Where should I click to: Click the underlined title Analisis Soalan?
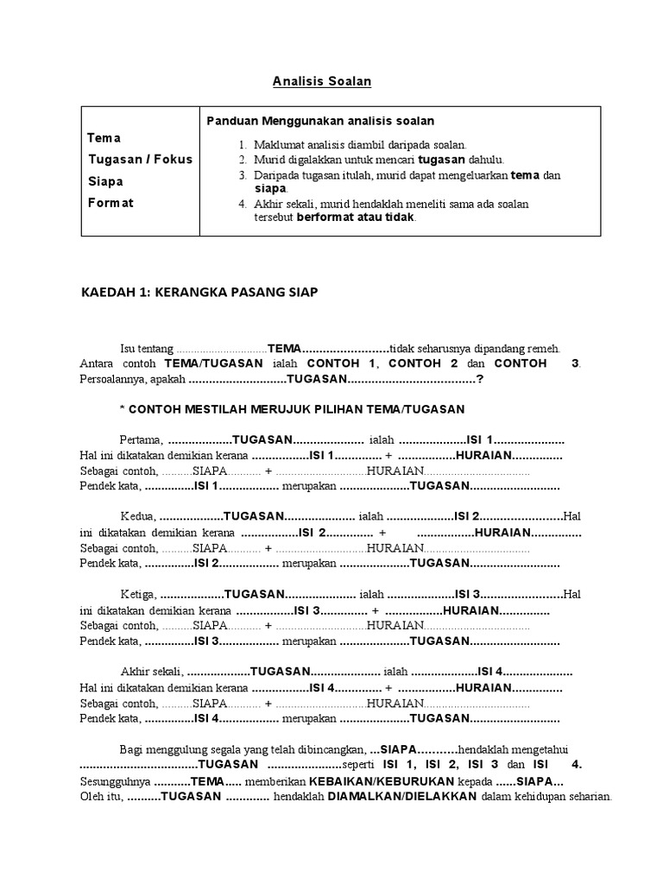321,81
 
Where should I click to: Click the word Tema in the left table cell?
104,138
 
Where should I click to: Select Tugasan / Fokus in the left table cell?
140,160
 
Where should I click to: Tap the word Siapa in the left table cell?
105,182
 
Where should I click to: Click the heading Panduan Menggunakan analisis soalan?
320,121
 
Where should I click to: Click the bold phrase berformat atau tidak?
356,218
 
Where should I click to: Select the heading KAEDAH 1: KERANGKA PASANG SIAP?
199,293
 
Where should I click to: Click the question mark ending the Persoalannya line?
480,379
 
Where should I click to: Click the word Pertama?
142,439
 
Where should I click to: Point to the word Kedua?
138,517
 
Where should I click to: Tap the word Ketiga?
139,594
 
